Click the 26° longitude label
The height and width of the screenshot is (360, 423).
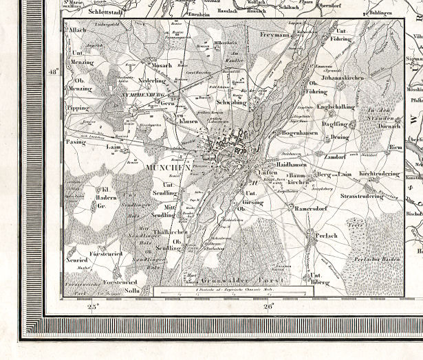point(268,306)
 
